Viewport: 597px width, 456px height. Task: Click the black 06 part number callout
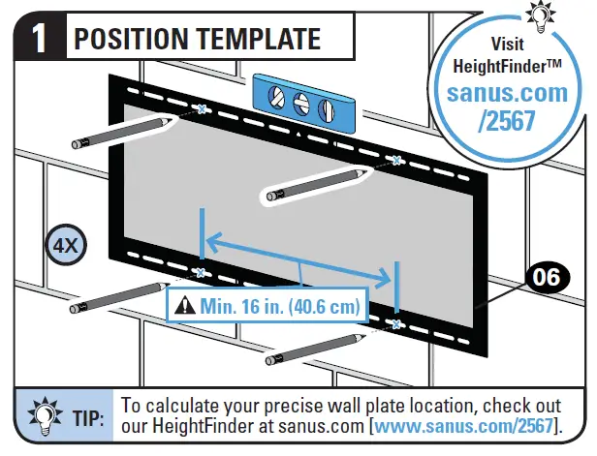coord(547,278)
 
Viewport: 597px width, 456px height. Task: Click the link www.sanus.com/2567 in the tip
coord(467,427)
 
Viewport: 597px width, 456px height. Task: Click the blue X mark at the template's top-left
coord(202,108)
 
